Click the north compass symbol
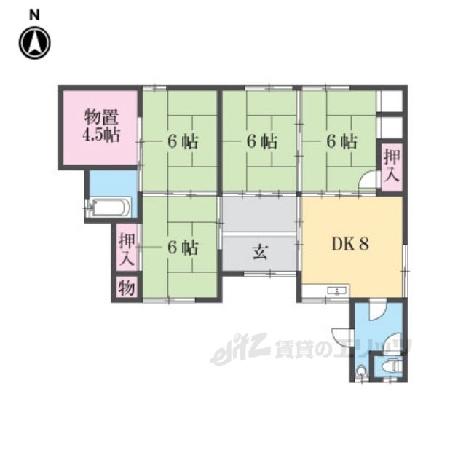tap(35, 43)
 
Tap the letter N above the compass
tap(34, 15)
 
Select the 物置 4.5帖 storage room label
tap(101, 126)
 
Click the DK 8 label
tap(350, 244)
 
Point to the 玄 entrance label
tap(260, 253)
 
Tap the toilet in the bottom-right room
tap(392, 366)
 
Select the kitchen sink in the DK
tap(337, 291)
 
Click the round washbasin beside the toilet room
tap(361, 371)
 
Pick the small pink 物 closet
tap(127, 288)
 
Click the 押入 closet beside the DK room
tap(392, 167)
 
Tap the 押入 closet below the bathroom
tap(127, 248)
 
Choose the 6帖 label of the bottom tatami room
tap(182, 248)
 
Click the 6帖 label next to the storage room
tap(182, 141)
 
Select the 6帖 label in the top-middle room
tap(262, 141)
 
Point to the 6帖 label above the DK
tap(341, 141)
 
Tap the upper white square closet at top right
tap(392, 101)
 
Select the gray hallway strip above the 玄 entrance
tap(260, 215)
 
